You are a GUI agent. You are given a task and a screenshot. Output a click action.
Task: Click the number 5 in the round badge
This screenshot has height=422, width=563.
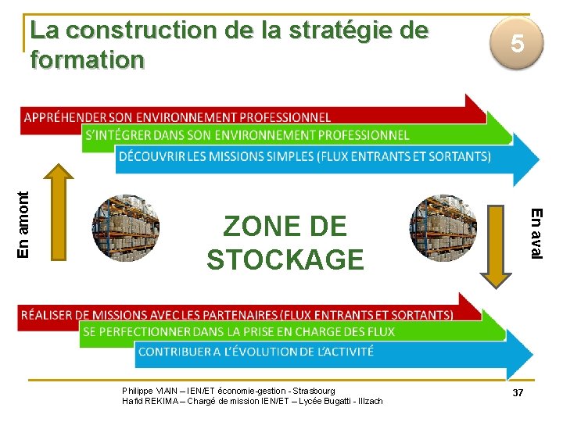coord(517,44)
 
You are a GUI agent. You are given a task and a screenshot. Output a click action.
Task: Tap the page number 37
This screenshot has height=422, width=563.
coord(518,392)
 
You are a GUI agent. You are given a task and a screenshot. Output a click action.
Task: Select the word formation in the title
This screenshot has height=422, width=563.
coord(87,59)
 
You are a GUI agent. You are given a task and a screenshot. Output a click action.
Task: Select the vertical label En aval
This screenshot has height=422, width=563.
coord(535,232)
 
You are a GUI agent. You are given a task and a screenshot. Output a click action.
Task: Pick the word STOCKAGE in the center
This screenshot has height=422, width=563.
coord(285,259)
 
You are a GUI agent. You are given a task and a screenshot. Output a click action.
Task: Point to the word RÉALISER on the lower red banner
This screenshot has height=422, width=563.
coord(48,315)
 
